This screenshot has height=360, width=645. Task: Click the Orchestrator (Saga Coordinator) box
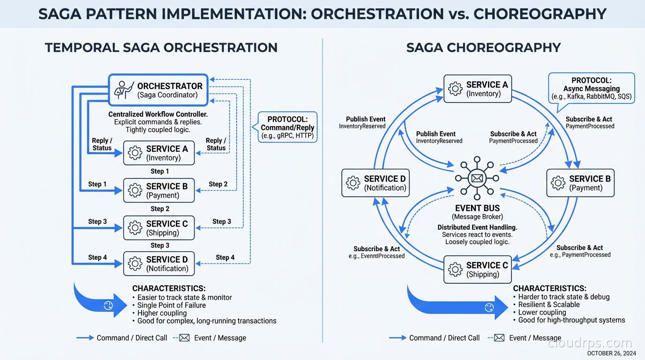158,90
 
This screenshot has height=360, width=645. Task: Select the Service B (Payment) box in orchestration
158,190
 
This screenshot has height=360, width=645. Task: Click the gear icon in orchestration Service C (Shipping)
135,228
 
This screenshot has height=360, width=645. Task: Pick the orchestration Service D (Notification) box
158,263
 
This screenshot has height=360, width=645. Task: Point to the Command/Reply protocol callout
287,127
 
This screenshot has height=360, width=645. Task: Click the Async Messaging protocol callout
591,88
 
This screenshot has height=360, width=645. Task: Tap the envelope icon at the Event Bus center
477,178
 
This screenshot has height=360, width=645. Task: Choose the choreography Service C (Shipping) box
477,270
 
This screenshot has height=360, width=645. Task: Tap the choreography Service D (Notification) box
375,183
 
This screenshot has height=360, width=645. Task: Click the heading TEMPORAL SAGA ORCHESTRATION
161,47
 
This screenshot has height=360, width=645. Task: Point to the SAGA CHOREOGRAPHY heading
483,47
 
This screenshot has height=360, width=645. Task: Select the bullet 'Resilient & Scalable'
548,304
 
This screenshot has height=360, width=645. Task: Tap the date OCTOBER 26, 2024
611,353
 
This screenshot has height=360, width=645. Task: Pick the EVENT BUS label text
477,208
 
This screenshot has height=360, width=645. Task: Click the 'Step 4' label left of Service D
97,257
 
